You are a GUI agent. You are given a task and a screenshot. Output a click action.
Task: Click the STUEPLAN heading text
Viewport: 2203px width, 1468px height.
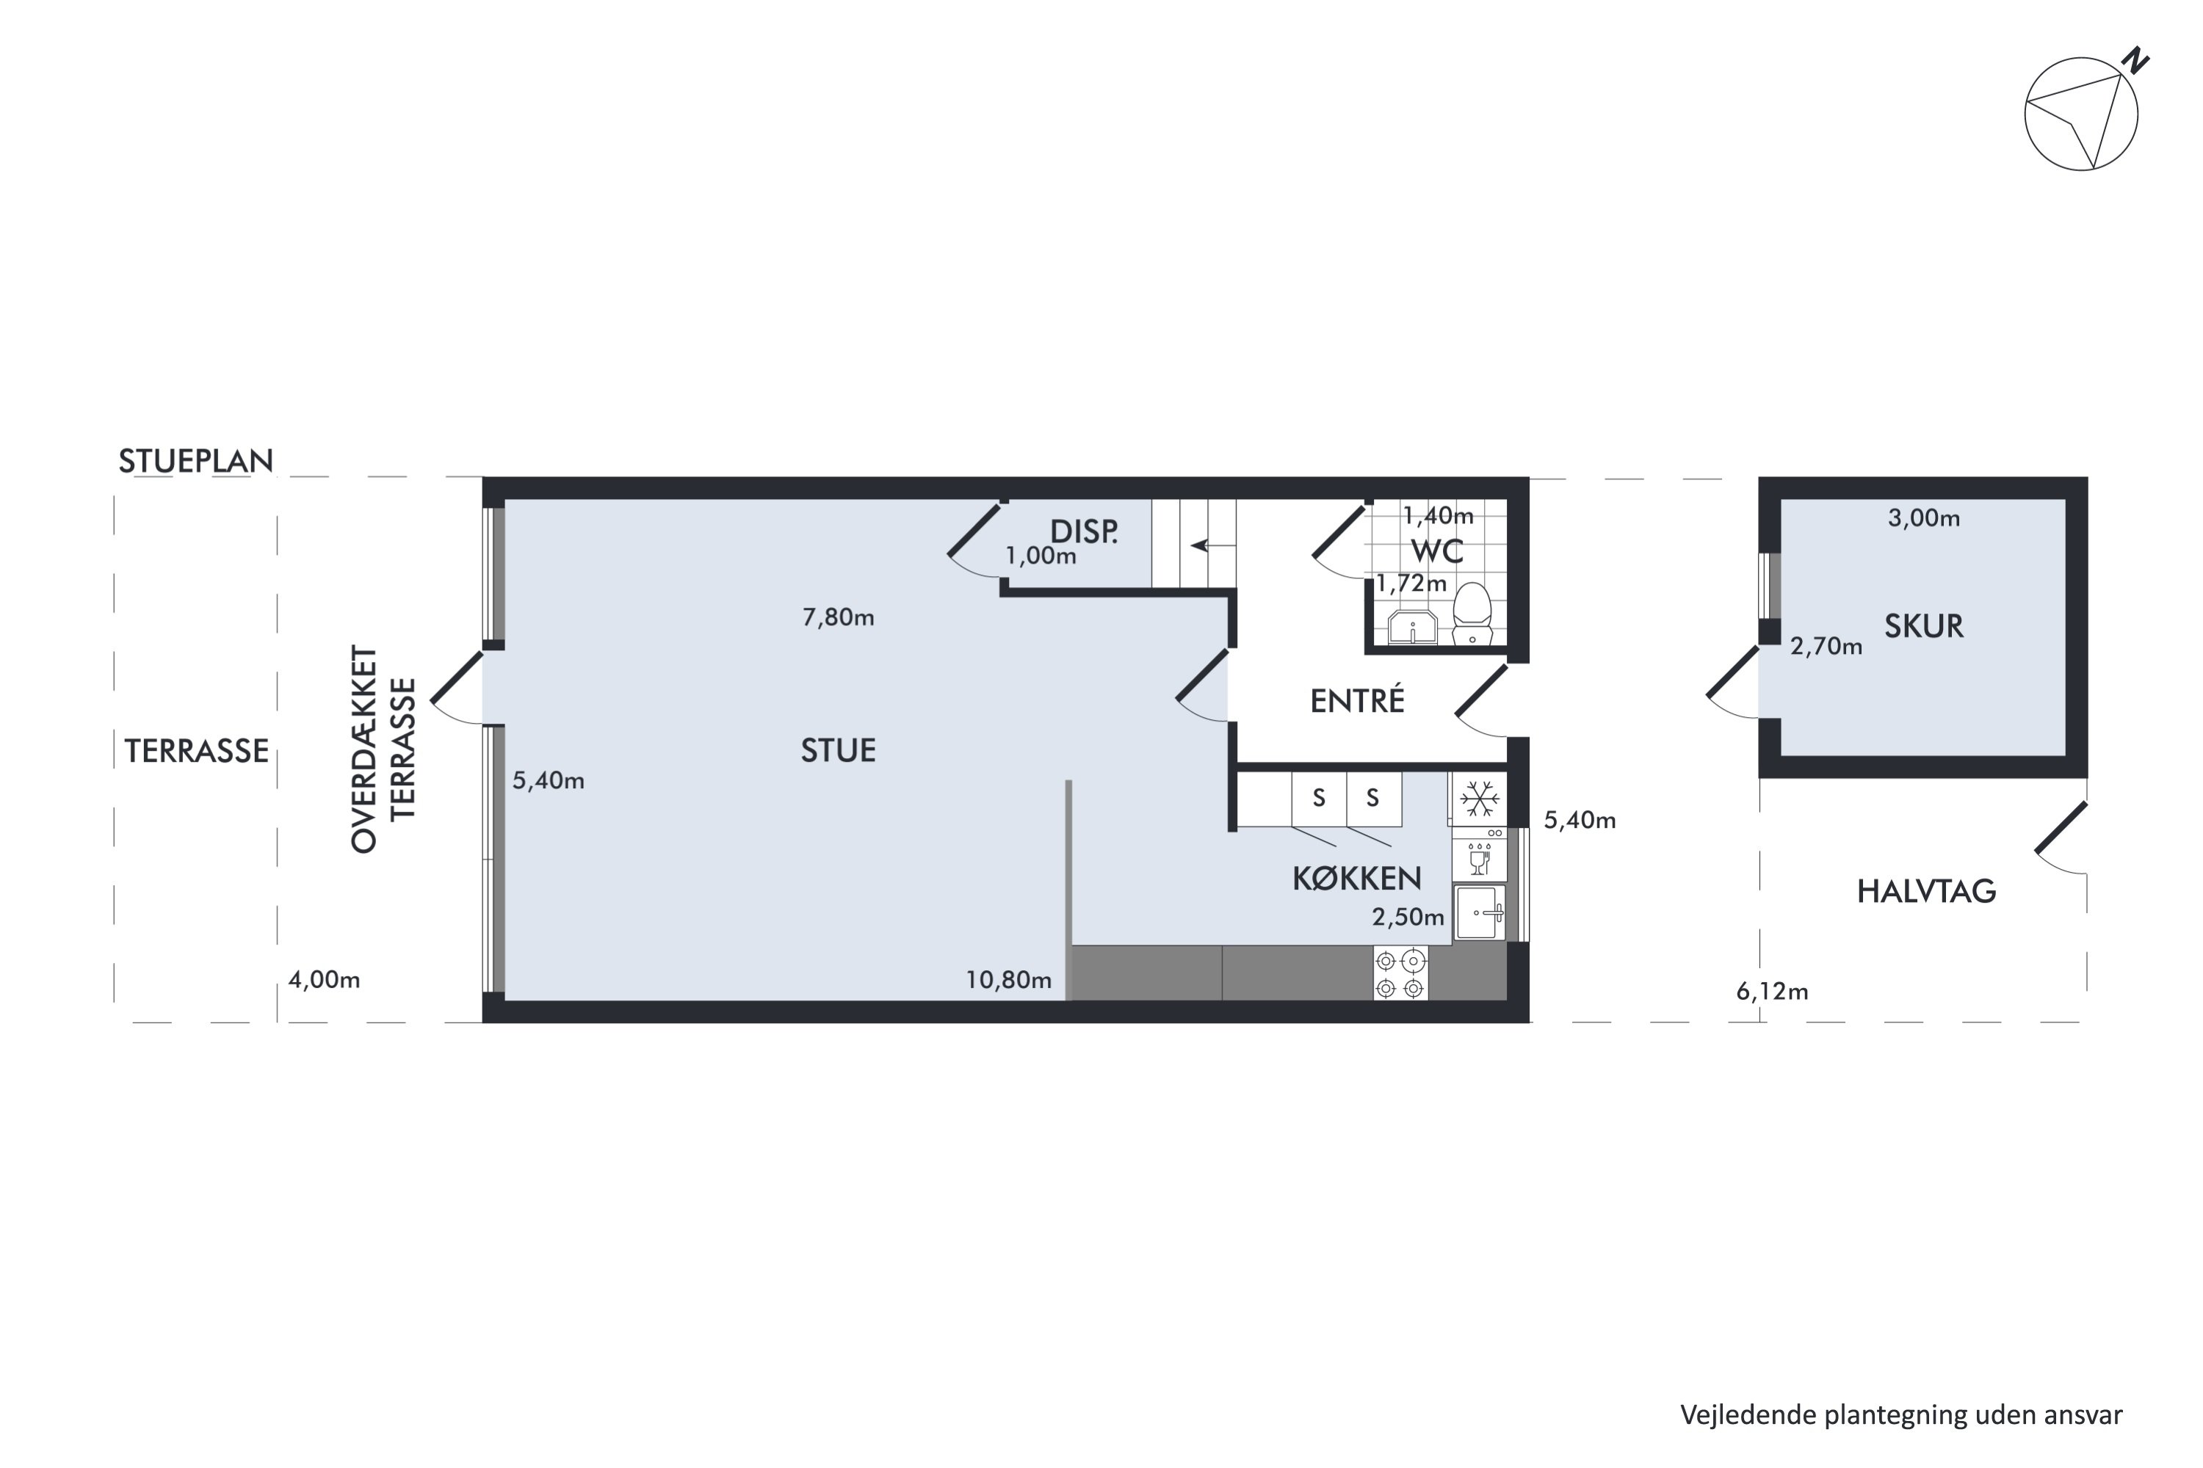click(196, 461)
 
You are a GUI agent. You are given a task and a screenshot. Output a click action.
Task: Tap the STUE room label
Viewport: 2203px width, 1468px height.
click(839, 751)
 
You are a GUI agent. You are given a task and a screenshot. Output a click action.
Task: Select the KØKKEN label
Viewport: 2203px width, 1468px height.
click(1357, 878)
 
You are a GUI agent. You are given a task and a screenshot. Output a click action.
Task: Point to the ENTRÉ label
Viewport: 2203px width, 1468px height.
click(1357, 700)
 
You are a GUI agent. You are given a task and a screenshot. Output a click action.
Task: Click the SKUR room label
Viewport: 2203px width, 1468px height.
click(1924, 626)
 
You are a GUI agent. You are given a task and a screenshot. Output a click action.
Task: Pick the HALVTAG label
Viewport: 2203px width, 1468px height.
click(1927, 891)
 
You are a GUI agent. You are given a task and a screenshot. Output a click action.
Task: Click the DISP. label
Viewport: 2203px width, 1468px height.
click(1084, 531)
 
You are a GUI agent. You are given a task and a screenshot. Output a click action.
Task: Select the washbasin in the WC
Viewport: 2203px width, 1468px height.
click(1412, 628)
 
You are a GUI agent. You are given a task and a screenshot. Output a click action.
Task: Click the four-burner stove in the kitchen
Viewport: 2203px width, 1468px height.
click(1401, 974)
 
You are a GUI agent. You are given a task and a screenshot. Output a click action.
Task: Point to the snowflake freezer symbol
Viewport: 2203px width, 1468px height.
click(1480, 799)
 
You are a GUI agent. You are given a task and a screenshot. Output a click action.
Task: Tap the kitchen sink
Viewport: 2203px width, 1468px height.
click(1480, 912)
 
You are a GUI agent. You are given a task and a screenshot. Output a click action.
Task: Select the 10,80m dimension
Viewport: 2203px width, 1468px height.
click(1009, 980)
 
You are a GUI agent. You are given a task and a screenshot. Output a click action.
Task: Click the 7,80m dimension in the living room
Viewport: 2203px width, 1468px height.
click(839, 617)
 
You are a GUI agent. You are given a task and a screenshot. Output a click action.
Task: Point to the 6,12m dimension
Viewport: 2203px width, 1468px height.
click(1772, 992)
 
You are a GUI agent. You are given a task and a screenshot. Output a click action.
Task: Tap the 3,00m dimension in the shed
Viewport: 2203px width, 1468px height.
click(1924, 517)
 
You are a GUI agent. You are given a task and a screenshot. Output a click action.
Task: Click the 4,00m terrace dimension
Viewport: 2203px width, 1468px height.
click(324, 980)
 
